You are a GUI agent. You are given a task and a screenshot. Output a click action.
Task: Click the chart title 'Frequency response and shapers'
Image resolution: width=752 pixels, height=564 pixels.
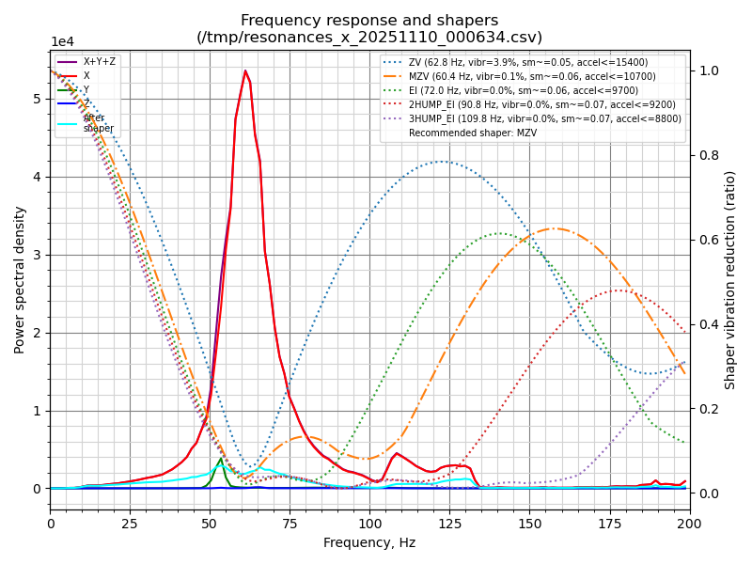(369, 21)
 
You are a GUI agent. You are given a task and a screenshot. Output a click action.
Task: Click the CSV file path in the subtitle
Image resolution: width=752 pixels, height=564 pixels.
(369, 38)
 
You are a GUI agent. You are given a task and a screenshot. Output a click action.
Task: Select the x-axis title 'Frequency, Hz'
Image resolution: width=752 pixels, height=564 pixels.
(369, 542)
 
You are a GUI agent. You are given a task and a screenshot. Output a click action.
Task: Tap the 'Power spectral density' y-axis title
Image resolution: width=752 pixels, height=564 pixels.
(20, 279)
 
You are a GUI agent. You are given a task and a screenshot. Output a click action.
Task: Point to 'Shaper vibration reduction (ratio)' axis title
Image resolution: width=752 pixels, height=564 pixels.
(730, 279)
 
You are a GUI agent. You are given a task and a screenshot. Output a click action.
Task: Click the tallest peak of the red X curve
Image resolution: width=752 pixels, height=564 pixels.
(245, 70)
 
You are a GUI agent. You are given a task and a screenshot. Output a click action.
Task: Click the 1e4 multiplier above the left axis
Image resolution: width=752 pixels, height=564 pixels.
(62, 42)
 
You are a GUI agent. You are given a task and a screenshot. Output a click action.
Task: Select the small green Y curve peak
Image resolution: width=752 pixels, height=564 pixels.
(220, 458)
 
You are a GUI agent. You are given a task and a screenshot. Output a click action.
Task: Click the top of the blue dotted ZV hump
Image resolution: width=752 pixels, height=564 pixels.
(441, 162)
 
